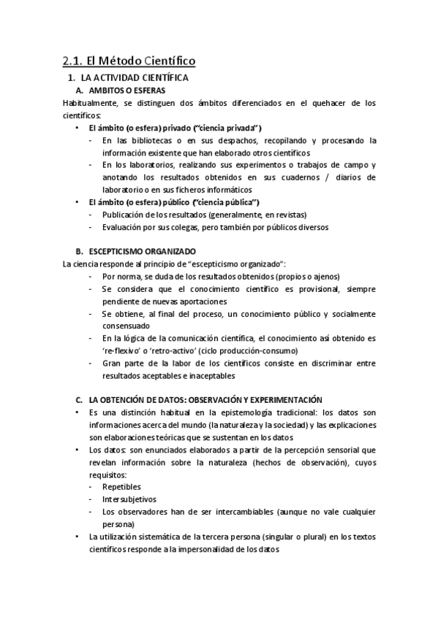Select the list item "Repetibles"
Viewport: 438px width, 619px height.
pyautogui.click(x=122, y=486)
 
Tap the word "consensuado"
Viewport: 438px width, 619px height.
pyautogui.click(x=127, y=326)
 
